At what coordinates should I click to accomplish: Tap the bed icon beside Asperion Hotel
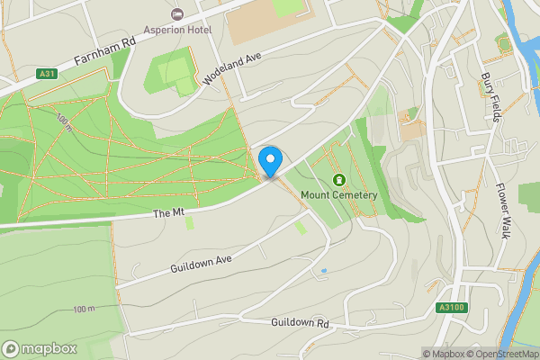pos(176,14)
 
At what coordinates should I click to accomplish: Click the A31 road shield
pos(49,74)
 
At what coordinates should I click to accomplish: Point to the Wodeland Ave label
pos(231,68)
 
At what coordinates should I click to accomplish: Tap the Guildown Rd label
pos(300,323)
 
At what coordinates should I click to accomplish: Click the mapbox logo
pos(40,348)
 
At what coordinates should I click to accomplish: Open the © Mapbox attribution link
pos(445,354)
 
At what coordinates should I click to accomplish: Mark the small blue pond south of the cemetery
pos(323,270)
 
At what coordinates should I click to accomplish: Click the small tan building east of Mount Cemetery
pos(411,129)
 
